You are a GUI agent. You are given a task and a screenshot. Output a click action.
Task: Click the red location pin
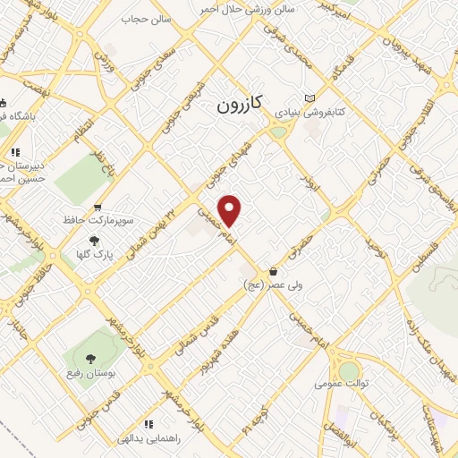coord(231,210)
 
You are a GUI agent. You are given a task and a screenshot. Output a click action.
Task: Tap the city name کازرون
coord(239,105)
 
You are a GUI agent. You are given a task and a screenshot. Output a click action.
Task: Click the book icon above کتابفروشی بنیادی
coord(310,98)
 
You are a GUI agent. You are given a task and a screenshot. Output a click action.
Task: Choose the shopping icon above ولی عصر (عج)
coord(272,271)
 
